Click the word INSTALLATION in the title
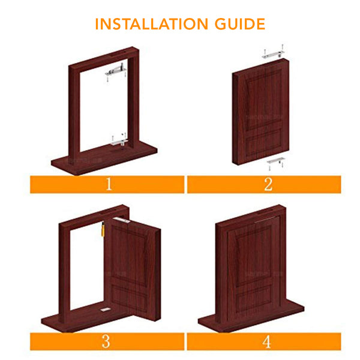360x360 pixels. (x=152, y=24)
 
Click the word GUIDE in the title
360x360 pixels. (x=240, y=24)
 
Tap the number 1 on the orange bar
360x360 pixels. (x=109, y=184)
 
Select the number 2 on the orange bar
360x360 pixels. (x=268, y=184)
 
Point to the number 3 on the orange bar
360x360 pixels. (x=106, y=341)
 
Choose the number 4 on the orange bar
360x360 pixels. (x=267, y=341)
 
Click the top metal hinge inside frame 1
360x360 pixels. (x=116, y=71)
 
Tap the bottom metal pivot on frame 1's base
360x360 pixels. (x=119, y=142)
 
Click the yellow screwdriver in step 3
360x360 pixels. (x=103, y=229)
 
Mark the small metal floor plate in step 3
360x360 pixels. (x=106, y=310)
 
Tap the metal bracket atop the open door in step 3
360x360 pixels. (x=122, y=220)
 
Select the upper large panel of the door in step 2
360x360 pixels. (x=264, y=99)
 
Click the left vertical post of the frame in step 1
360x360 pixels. (x=74, y=113)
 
